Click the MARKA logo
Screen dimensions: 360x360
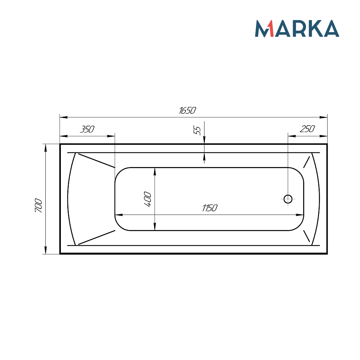click(x=297, y=28)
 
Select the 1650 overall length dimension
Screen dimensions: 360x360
click(x=187, y=111)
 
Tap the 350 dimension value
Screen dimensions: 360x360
click(x=87, y=129)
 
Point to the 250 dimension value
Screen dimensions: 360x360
click(x=307, y=129)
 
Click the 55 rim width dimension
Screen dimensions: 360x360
click(x=197, y=130)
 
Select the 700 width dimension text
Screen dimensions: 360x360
click(x=39, y=206)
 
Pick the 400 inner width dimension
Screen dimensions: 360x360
click(x=148, y=199)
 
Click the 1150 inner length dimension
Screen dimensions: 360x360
click(x=210, y=208)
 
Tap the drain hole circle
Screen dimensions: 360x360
click(x=288, y=199)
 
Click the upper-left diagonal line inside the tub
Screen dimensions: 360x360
click(x=96, y=161)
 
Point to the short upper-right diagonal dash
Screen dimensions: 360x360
click(x=307, y=162)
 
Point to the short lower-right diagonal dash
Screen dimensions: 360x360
click(x=307, y=236)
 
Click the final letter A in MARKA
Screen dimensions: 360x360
click(x=330, y=29)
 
